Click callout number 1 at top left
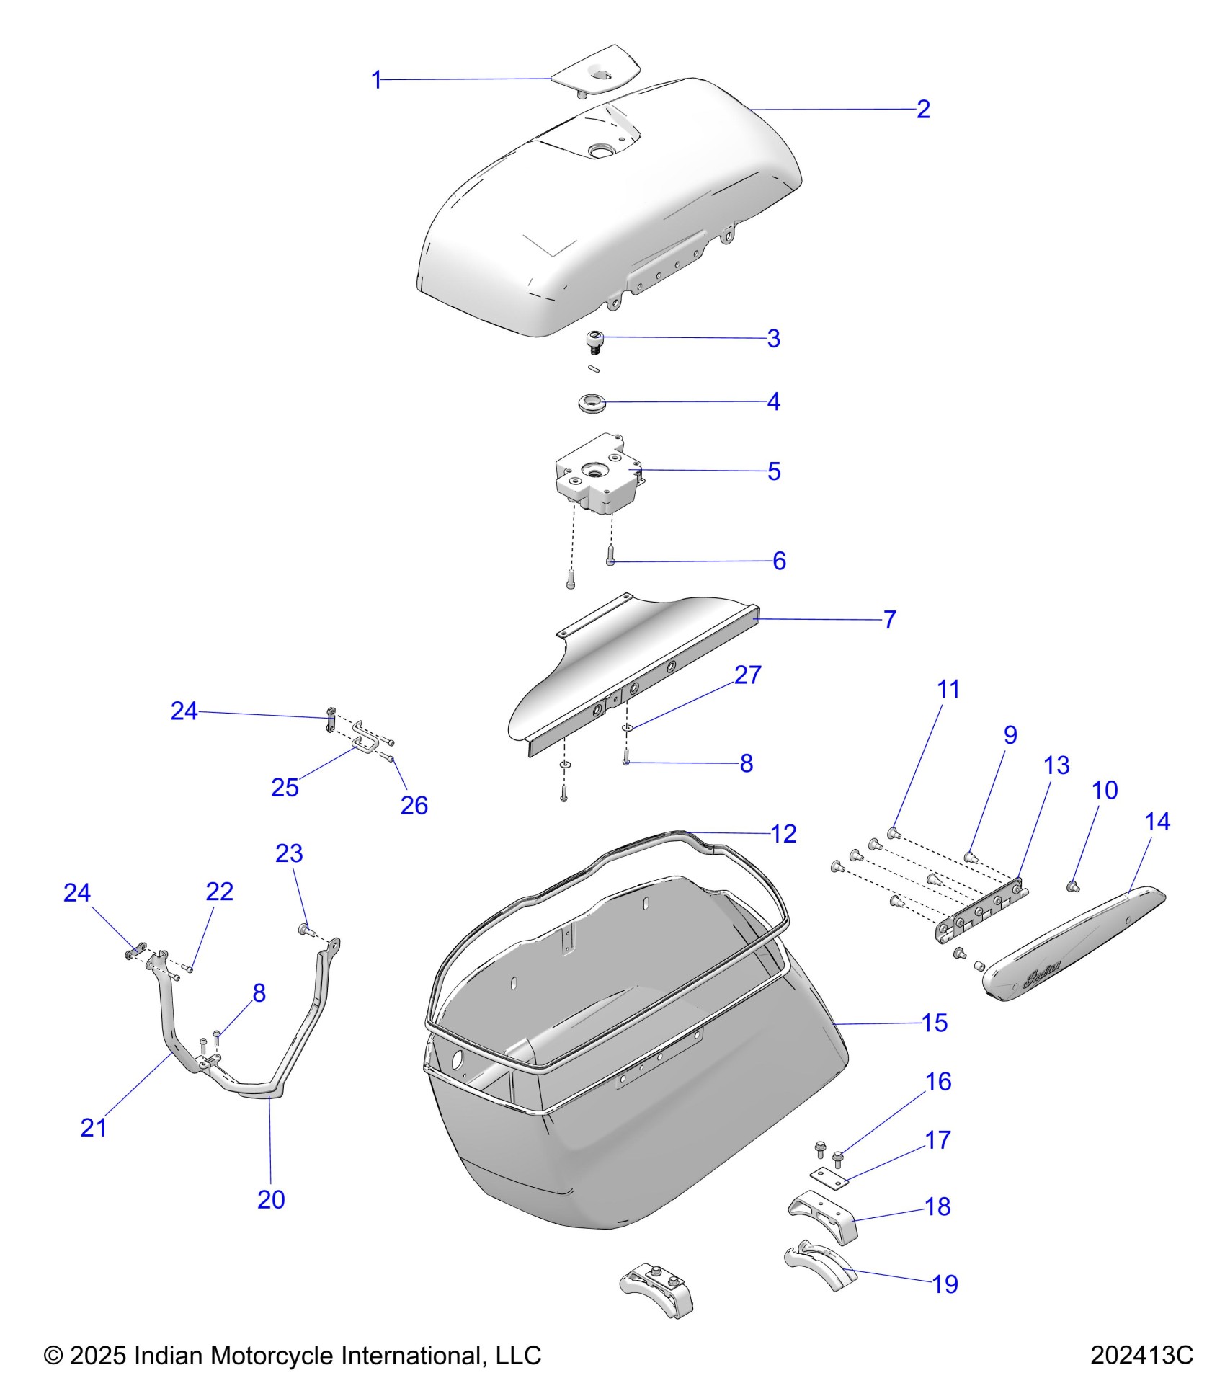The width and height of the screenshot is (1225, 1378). click(375, 80)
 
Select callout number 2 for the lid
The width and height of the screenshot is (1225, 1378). click(923, 110)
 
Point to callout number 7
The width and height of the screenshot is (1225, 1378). click(889, 620)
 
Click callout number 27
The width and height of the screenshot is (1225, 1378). click(747, 675)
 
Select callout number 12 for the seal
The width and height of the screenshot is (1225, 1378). click(783, 834)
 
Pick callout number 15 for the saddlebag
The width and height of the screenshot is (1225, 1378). click(934, 1023)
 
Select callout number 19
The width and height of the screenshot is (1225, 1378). click(945, 1284)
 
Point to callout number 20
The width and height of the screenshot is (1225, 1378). click(271, 1199)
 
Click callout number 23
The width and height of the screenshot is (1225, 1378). click(289, 853)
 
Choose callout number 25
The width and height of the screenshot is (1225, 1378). click(285, 788)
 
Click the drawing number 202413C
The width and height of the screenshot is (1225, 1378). click(1141, 1355)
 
